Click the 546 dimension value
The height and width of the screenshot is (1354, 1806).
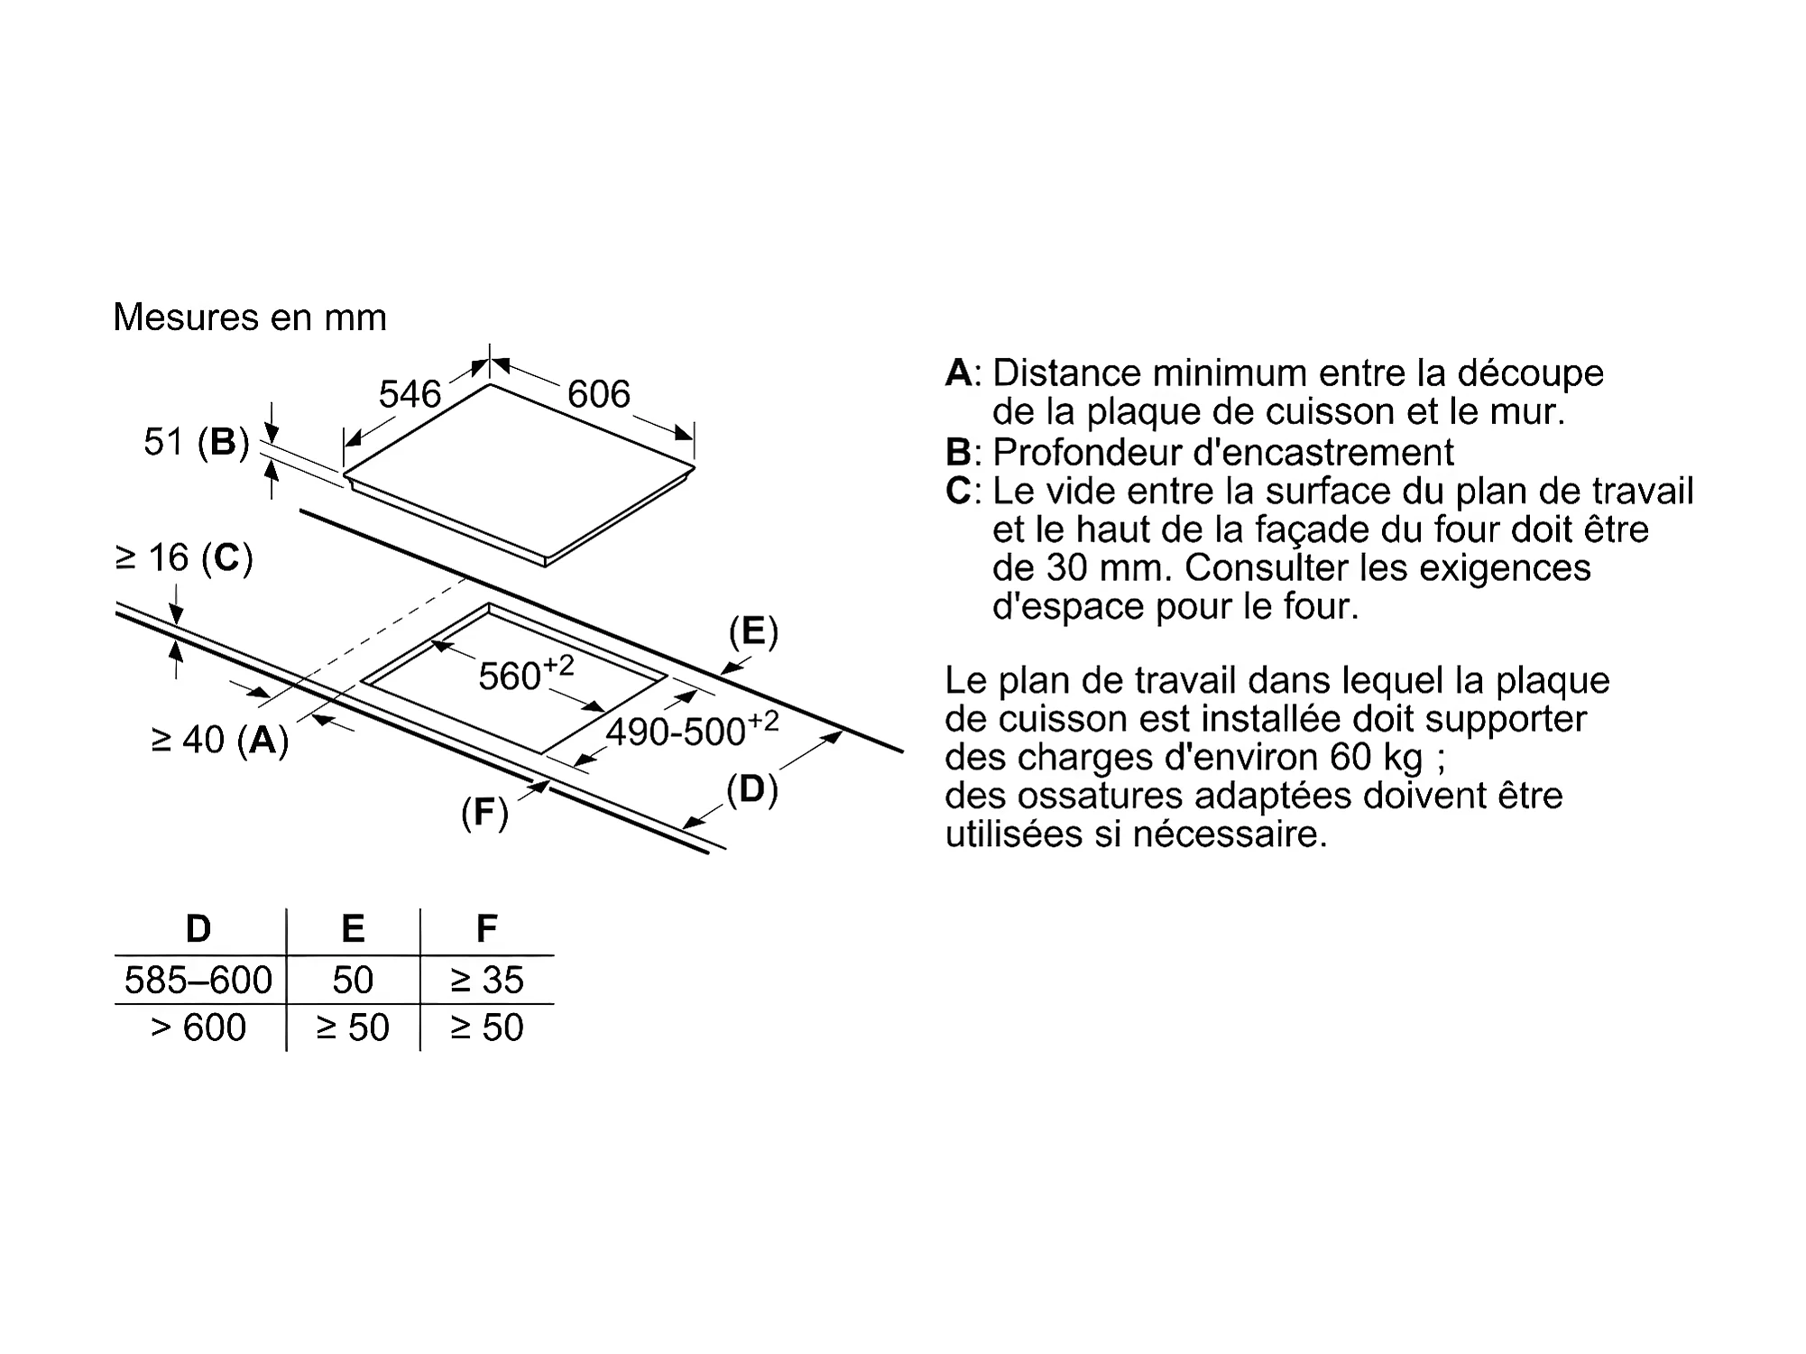click(410, 394)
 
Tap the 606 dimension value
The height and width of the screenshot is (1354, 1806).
click(598, 394)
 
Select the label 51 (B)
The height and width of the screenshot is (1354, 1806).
click(197, 442)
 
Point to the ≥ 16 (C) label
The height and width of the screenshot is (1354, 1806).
click(184, 558)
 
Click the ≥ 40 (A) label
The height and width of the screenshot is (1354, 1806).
click(220, 740)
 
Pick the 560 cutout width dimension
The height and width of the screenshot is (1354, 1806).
click(525, 673)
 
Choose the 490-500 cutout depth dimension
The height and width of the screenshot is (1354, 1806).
click(691, 730)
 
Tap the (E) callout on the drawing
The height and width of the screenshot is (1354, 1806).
click(753, 631)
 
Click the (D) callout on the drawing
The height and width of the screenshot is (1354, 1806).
click(752, 790)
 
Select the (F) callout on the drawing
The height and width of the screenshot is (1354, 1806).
click(485, 813)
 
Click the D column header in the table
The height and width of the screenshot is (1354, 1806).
click(198, 928)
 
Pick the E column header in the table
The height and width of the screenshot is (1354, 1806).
click(353, 928)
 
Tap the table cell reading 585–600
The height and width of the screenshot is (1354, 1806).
click(198, 980)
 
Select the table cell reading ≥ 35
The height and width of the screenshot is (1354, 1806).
click(487, 980)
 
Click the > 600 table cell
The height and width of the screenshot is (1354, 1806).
click(198, 1027)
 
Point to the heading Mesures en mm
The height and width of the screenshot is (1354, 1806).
click(250, 318)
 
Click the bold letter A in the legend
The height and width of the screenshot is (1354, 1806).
click(959, 373)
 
